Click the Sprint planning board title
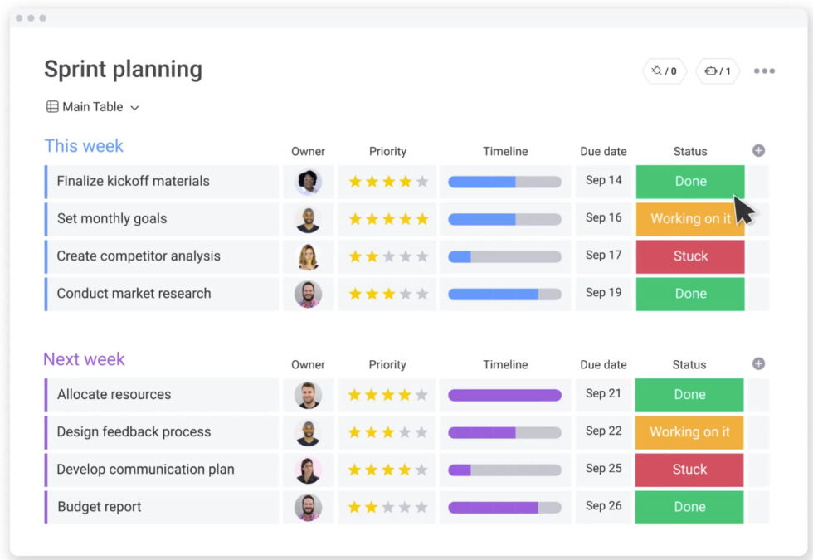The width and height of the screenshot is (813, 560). (123, 70)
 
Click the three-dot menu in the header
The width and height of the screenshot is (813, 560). (764, 71)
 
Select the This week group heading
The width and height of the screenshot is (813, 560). (84, 146)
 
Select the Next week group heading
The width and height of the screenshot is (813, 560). (84, 359)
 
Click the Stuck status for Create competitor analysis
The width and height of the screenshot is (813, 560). (690, 256)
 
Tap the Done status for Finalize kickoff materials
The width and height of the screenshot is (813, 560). (690, 182)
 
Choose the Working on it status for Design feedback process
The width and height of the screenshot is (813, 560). (689, 432)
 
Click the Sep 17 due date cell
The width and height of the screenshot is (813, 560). (603, 256)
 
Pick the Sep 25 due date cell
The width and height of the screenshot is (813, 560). (603, 469)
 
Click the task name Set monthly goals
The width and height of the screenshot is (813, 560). (112, 219)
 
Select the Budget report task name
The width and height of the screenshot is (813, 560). (100, 507)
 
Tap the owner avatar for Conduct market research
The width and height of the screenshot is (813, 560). (308, 294)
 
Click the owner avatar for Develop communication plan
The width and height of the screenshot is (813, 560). (308, 470)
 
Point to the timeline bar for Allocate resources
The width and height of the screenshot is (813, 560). (504, 395)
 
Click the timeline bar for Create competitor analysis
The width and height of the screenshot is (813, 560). (504, 256)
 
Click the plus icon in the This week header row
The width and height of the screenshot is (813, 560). (758, 151)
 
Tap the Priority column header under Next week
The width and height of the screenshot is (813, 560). (387, 365)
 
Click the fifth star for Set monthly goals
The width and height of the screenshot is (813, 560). (422, 219)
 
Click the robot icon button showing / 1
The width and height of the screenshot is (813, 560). (718, 71)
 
